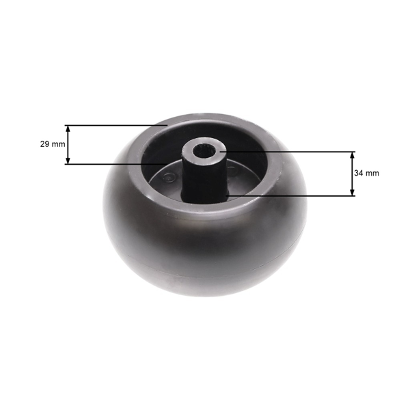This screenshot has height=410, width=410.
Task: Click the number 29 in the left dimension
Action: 44,144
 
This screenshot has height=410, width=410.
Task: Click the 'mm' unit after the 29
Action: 58,144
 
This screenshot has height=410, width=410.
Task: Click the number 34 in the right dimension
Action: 359,173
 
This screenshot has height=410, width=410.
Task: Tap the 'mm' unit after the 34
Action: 372,174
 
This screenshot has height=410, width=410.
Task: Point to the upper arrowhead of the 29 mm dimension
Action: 68,128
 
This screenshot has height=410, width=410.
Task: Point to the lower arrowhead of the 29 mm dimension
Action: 68,161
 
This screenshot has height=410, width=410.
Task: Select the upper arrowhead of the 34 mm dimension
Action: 352,155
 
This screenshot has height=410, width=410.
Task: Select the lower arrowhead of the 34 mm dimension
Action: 352,192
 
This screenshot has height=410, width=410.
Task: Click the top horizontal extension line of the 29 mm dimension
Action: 116,125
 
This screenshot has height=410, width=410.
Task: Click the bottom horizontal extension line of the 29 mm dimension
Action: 116,164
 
